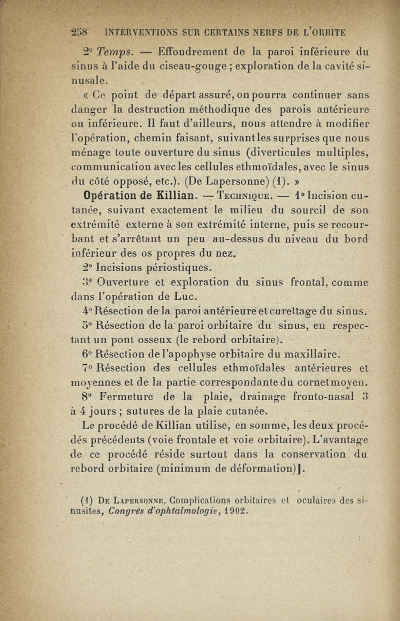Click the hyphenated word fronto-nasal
[286, 401]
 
